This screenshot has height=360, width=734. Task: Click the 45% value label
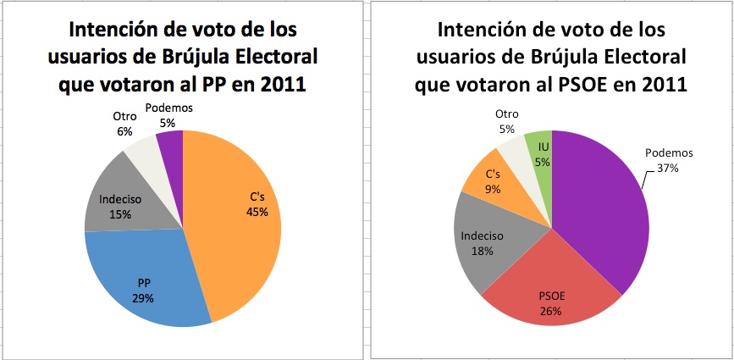tap(257, 212)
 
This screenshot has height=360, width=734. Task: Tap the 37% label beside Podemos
tap(668, 168)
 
